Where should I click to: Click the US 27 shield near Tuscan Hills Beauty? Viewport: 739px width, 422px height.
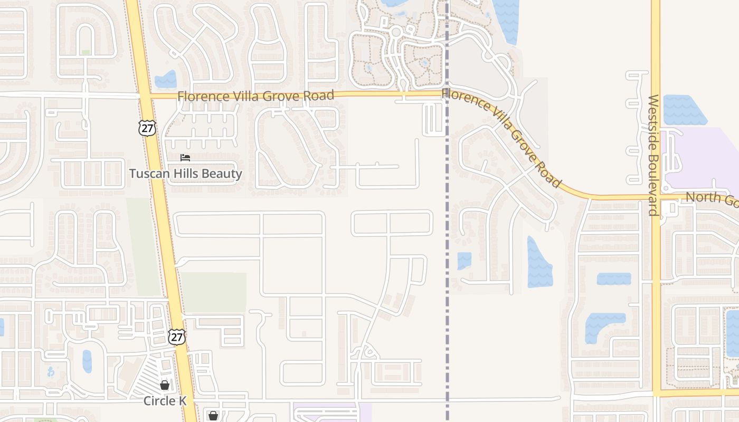[148, 127]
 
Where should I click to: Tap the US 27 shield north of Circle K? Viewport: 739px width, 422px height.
[177, 337]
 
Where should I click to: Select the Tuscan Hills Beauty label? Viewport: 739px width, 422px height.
[186, 174]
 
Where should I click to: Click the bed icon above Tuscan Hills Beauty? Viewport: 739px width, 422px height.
[185, 158]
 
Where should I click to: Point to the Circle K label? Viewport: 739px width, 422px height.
[165, 401]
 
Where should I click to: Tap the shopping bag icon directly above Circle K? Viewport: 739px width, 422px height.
[165, 385]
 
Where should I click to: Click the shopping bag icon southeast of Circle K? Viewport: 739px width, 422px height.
[213, 416]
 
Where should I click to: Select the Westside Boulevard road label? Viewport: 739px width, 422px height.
[654, 155]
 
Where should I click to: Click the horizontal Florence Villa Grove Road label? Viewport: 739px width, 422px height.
[255, 96]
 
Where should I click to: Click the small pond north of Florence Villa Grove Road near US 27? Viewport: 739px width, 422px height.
[166, 79]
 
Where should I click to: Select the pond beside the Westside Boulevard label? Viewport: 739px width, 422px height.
[685, 110]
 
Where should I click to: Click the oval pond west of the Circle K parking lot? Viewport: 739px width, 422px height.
[87, 361]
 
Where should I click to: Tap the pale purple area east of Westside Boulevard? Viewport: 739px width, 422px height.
[702, 158]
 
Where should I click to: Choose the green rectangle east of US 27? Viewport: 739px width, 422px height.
[214, 292]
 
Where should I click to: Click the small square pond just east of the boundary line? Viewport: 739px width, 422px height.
[464, 261]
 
